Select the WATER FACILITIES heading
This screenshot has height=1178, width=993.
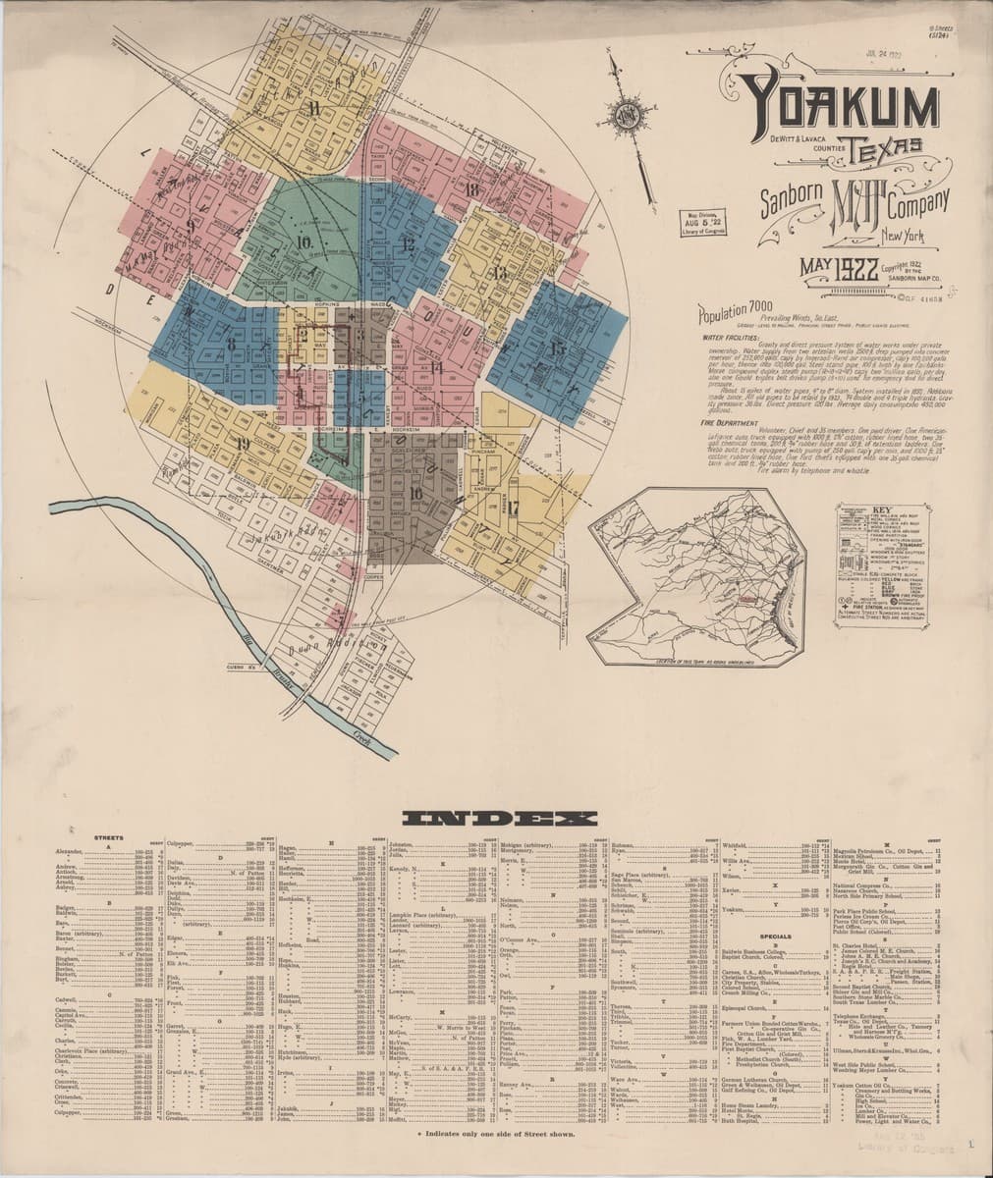click(728, 336)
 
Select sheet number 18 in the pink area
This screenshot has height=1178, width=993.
click(473, 188)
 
